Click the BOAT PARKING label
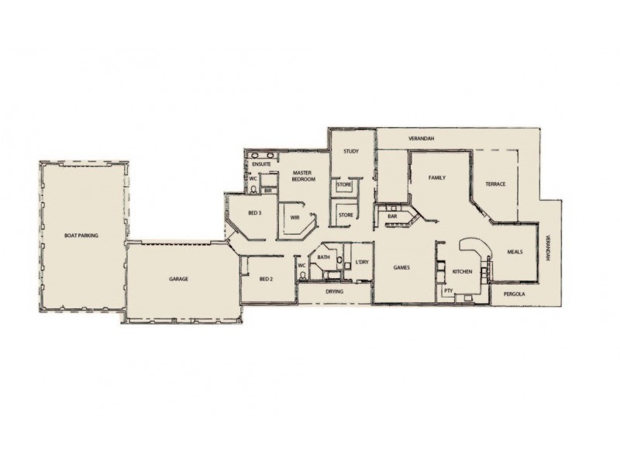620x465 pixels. coord(81,234)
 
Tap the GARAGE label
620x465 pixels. coord(179,278)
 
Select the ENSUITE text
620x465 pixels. coord(261,164)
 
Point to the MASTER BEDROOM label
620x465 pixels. coord(303,176)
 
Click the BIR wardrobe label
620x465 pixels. coord(268,190)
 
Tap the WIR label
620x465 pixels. coord(295,218)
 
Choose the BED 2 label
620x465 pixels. coord(266,278)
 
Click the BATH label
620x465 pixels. coord(323,257)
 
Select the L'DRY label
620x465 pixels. coord(361,263)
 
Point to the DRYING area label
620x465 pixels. coord(335,292)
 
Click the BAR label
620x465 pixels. coord(392,216)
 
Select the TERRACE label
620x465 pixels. coord(495,184)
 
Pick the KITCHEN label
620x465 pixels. coord(463,271)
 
